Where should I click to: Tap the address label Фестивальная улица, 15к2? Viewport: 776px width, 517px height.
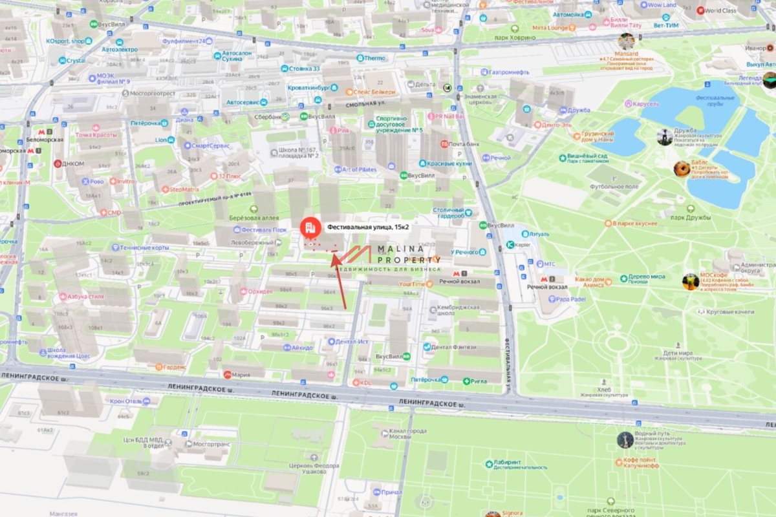coord(368,227)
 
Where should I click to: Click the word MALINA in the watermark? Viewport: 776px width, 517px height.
coord(397,248)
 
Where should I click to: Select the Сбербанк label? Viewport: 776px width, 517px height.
coord(266,116)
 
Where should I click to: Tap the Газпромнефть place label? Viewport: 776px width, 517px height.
coord(510,72)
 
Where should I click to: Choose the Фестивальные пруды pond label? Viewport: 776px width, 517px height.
coord(715,101)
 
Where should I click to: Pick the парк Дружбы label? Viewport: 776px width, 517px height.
coord(690,217)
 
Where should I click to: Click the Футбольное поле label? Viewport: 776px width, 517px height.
coord(610,186)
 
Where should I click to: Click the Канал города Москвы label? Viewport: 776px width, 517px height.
coord(409,434)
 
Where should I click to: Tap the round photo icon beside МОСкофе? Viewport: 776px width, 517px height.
coord(690,281)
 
